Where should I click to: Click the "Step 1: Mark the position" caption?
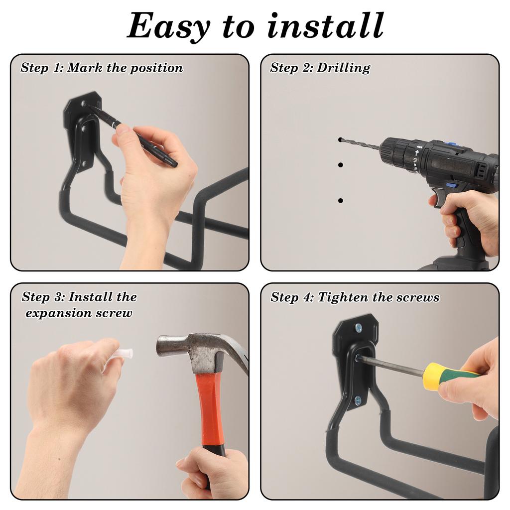102,68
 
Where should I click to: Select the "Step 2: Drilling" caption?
320,68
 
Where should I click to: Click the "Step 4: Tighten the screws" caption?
355,297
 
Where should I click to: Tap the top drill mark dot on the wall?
340,140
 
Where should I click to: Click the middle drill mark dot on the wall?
340,164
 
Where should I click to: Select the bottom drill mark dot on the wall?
340,200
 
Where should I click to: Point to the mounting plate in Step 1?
80,125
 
